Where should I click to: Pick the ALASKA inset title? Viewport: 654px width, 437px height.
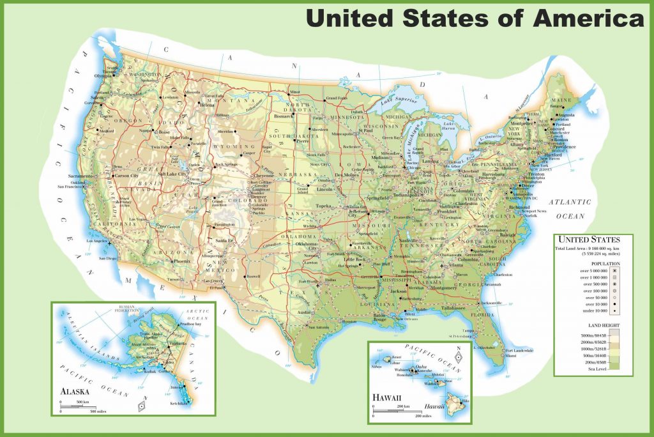tap(75, 391)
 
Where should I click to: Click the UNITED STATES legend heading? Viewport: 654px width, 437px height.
tap(593, 240)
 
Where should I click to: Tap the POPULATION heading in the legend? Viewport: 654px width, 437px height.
tap(593, 263)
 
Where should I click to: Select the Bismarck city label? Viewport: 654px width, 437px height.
tap(283, 117)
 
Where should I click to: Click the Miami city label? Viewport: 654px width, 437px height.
tap(510, 356)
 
